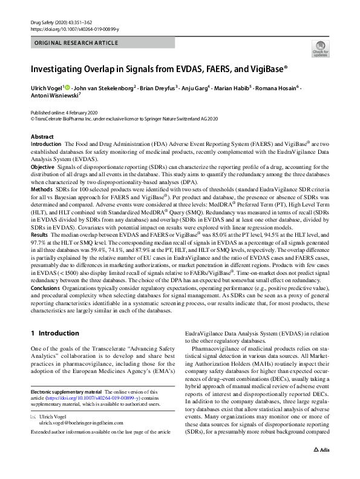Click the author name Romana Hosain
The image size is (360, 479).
point(276,88)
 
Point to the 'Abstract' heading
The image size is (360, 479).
point(42,137)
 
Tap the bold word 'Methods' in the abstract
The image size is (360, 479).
point(41,189)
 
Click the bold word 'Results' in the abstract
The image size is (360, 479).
point(39,234)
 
